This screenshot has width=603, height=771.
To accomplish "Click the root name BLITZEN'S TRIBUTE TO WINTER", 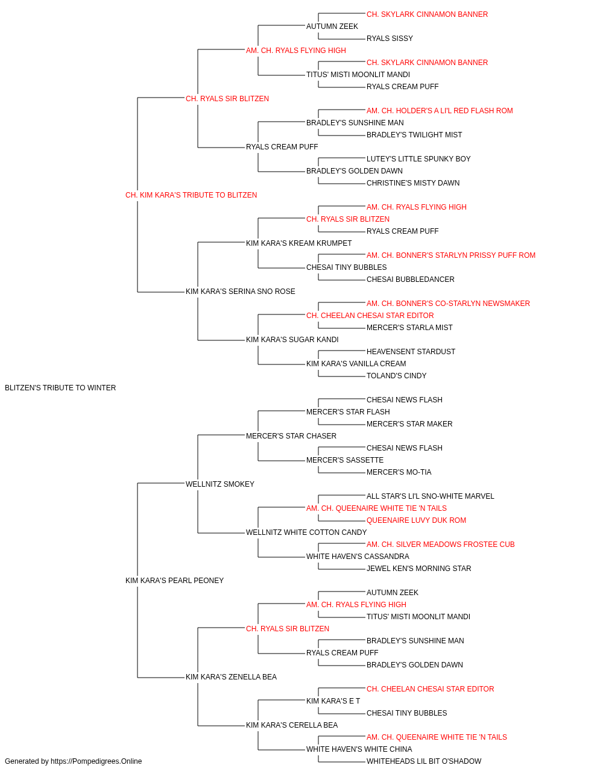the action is (60, 388).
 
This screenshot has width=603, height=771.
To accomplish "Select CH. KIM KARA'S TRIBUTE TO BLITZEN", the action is (191, 195).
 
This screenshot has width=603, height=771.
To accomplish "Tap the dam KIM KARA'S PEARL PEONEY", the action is (174, 581).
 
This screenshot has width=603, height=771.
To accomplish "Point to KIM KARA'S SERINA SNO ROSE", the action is (241, 292).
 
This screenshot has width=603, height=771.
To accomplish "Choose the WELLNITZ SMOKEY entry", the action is (220, 484).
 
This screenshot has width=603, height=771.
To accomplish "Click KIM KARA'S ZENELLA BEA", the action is (231, 677).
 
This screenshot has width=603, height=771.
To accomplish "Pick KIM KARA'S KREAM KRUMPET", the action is (298, 243).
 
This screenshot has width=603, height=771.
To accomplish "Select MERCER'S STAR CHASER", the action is (291, 436).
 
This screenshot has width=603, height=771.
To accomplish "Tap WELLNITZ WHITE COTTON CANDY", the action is (306, 532).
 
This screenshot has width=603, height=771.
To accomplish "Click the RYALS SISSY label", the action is (390, 39).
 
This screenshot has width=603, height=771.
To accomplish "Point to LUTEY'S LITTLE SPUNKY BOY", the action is (418, 159).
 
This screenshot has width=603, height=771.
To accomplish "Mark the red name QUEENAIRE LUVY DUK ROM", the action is (416, 520).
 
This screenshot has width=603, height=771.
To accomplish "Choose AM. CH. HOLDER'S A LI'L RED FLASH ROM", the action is (440, 111).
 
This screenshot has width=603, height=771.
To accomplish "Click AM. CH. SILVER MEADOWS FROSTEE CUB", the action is (440, 545).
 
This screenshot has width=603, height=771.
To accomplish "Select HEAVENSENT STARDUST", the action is (411, 352).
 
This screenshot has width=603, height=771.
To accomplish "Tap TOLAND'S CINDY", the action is (396, 376).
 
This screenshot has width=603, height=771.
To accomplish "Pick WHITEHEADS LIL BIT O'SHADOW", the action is (424, 761).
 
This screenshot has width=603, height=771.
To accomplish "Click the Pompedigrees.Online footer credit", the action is (73, 761).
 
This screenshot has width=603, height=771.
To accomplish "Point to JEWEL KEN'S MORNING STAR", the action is (418, 569).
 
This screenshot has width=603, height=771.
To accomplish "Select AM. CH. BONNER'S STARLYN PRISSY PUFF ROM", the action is (451, 255).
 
